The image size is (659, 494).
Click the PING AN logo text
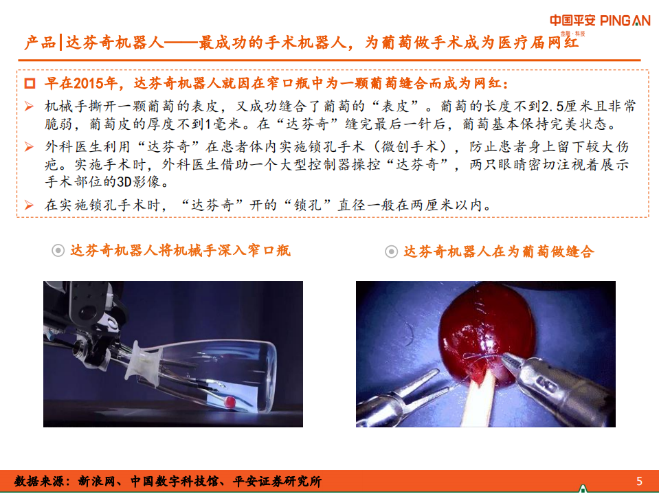tap(625, 21)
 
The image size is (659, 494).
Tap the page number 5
tap(639, 481)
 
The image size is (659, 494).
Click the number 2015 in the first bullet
tap(89, 85)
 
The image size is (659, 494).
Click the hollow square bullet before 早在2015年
tap(30, 85)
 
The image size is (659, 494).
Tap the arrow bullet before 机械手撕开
tap(29, 106)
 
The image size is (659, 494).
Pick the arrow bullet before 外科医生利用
tap(29, 146)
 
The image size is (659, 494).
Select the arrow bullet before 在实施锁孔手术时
tap(29, 205)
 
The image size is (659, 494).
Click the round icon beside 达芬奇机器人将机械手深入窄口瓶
tap(59, 251)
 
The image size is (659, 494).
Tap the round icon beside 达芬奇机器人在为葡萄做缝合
tap(391, 252)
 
